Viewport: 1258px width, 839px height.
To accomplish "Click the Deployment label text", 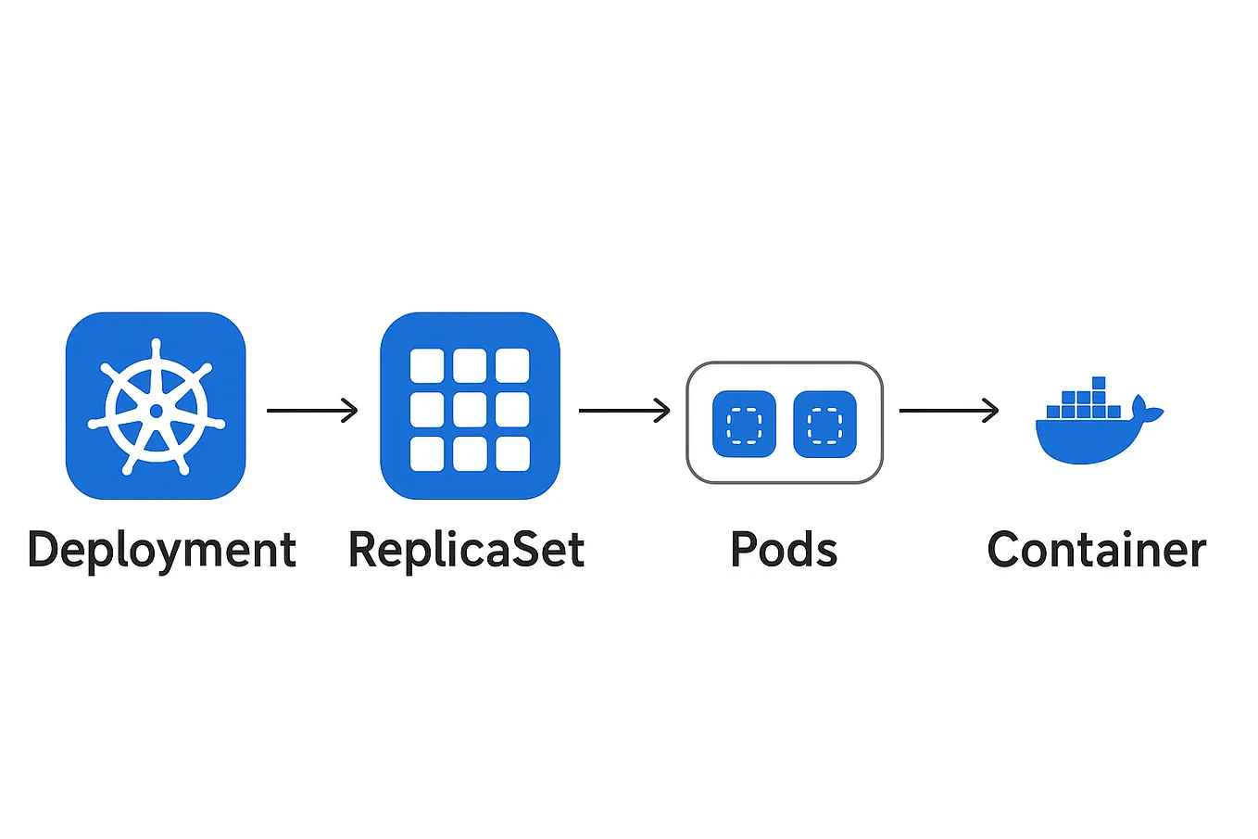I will click(x=161, y=551).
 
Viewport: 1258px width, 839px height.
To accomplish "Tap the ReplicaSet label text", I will click(x=466, y=550).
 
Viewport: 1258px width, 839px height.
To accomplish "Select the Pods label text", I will click(x=784, y=550).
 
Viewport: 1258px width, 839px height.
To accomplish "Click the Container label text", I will click(x=1097, y=550).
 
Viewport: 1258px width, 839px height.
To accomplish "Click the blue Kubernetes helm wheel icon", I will click(x=156, y=406).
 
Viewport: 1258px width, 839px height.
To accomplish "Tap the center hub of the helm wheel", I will click(x=156, y=411).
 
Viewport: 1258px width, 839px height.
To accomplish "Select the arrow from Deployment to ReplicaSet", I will click(x=312, y=410).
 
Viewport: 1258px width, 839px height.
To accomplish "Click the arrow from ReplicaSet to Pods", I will click(x=624, y=410).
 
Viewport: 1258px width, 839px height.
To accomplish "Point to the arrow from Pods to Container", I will click(x=949, y=410).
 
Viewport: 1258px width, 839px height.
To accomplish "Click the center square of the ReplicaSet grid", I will click(x=470, y=409).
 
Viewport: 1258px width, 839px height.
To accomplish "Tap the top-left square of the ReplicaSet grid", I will click(x=427, y=366).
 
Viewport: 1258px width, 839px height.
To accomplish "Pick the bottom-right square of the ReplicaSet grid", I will click(x=512, y=453).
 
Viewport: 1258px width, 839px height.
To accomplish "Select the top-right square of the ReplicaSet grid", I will click(x=512, y=366).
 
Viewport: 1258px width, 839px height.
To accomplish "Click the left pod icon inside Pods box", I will click(x=744, y=424).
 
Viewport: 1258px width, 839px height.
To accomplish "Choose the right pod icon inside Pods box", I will click(x=824, y=424).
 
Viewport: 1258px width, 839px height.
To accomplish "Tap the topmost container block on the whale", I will click(x=1099, y=383).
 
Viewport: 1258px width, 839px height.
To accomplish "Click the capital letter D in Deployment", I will click(x=44, y=550).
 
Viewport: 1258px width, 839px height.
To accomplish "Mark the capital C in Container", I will click(x=1005, y=550).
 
